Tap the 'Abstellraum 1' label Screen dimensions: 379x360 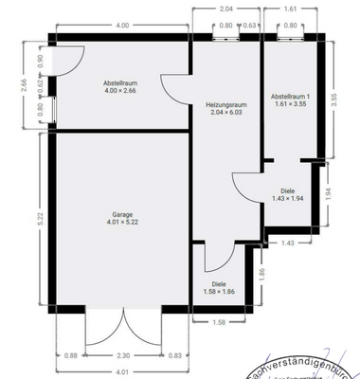click(289, 97)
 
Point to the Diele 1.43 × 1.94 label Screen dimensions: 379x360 click(294, 190)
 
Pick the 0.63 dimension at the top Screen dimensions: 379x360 click(249, 26)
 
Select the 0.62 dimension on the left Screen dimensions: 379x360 click(40, 82)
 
